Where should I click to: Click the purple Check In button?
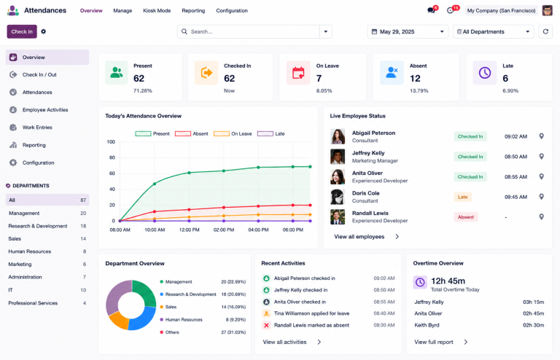click(x=22, y=31)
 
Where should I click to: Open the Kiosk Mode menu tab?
click(x=157, y=11)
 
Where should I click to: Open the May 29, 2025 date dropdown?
click(x=408, y=31)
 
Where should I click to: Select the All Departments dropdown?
click(x=493, y=31)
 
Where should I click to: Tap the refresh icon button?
click(x=545, y=31)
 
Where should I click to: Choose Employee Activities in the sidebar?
click(x=45, y=110)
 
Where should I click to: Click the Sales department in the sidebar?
click(x=15, y=239)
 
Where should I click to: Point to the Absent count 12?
click(x=415, y=78)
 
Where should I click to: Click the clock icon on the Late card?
click(x=485, y=73)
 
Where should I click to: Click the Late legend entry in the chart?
click(x=271, y=134)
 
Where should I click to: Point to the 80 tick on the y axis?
click(x=112, y=157)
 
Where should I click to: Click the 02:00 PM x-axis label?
click(x=224, y=230)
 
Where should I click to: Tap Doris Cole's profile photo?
click(x=338, y=197)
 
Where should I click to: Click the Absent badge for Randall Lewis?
click(x=466, y=217)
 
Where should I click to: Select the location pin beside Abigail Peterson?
click(x=542, y=136)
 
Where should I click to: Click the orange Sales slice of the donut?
click(x=118, y=320)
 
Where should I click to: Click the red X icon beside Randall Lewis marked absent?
click(x=266, y=325)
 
